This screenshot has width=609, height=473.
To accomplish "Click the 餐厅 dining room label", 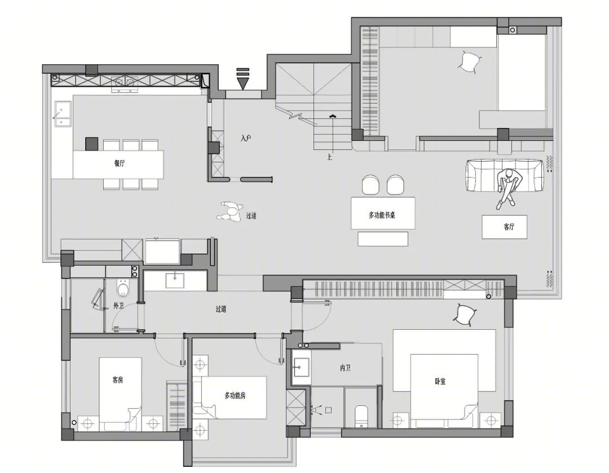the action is [x=120, y=163].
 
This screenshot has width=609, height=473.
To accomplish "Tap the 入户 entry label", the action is [x=246, y=138].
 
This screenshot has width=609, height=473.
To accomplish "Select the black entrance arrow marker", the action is [x=242, y=78].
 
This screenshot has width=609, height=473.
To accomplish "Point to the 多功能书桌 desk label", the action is [x=382, y=215].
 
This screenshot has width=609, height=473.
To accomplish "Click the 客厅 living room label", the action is [x=509, y=227].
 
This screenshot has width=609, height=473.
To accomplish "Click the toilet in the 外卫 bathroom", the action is [x=123, y=289].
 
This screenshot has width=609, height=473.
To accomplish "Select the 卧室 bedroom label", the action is [x=440, y=381].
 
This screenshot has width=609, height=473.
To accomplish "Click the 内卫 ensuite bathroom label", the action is [x=345, y=368].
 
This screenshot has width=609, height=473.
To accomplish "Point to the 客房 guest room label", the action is [x=118, y=379].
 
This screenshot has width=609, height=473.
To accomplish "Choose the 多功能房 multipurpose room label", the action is [x=235, y=396].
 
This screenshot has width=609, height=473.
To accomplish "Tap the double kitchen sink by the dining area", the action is [x=63, y=114].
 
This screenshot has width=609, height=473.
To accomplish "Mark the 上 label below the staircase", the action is [x=329, y=157].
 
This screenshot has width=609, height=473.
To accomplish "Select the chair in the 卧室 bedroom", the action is [x=465, y=314].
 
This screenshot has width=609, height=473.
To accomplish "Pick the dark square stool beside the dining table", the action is [x=92, y=144].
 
